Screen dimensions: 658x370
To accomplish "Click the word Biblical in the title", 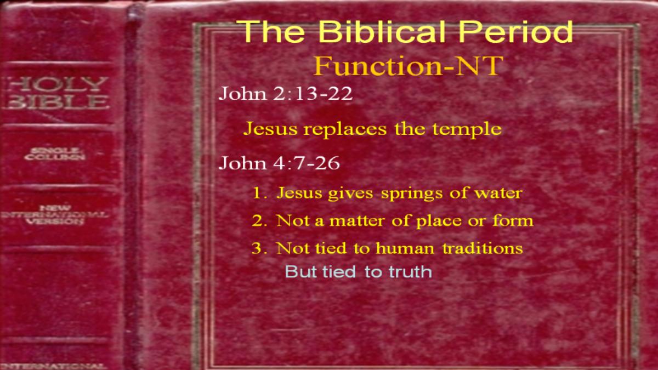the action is tap(383, 31).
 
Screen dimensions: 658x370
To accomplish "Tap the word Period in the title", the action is tap(516, 31).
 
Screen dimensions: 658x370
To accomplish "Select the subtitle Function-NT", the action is tap(409, 66).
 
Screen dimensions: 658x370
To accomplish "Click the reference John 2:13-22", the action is tap(285, 93).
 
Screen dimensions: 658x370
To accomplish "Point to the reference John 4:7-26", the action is tap(279, 163).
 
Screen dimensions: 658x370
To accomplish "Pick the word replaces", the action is tap(345, 129).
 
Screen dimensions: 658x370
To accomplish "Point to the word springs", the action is tap(412, 194).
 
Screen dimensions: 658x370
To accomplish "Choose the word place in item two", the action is tap(439, 221).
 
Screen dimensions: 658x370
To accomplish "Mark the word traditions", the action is tap(483, 248).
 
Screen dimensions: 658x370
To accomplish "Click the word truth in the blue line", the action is tap(410, 272).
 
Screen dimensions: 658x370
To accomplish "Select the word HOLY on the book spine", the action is tap(56, 84).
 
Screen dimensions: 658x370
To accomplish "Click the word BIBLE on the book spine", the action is tap(56, 103).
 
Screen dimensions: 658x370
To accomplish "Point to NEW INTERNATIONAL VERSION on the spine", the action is tap(55, 215).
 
